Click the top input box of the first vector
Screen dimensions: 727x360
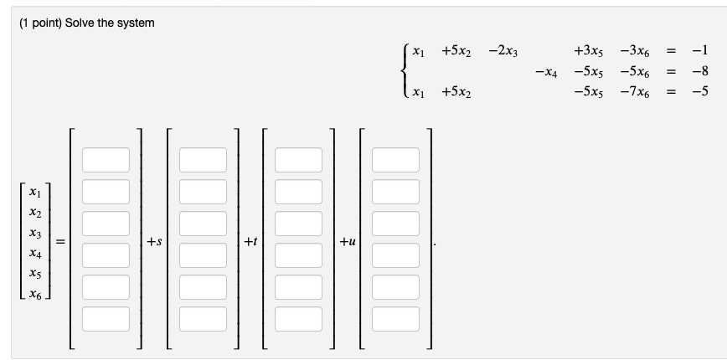pyautogui.click(x=106, y=160)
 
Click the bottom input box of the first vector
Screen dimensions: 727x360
pyautogui.click(x=106, y=319)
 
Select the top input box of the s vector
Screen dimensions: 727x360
pyautogui.click(x=203, y=160)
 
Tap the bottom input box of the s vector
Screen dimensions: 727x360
pyautogui.click(x=203, y=319)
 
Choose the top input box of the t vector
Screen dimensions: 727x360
pyautogui.click(x=298, y=160)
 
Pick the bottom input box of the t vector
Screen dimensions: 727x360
pyautogui.click(x=298, y=319)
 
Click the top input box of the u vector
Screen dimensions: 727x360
pyautogui.click(x=395, y=160)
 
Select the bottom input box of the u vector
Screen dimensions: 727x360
pyautogui.click(x=395, y=319)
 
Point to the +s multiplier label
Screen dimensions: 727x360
pyautogui.click(x=154, y=241)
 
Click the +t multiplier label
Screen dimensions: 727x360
pyautogui.click(x=250, y=241)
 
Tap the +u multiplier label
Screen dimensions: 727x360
pyautogui.click(x=348, y=241)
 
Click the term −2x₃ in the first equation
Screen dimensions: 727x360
pyautogui.click(x=503, y=51)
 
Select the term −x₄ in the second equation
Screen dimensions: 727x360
pyautogui.click(x=546, y=72)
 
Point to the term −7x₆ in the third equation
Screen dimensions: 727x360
pyautogui.click(x=635, y=92)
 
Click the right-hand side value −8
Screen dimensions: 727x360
pyautogui.click(x=700, y=71)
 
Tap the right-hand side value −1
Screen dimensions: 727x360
pyautogui.click(x=700, y=50)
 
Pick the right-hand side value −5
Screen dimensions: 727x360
pyautogui.click(x=700, y=90)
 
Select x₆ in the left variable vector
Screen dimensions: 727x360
pyautogui.click(x=35, y=294)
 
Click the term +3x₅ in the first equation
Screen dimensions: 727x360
pyautogui.click(x=588, y=51)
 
